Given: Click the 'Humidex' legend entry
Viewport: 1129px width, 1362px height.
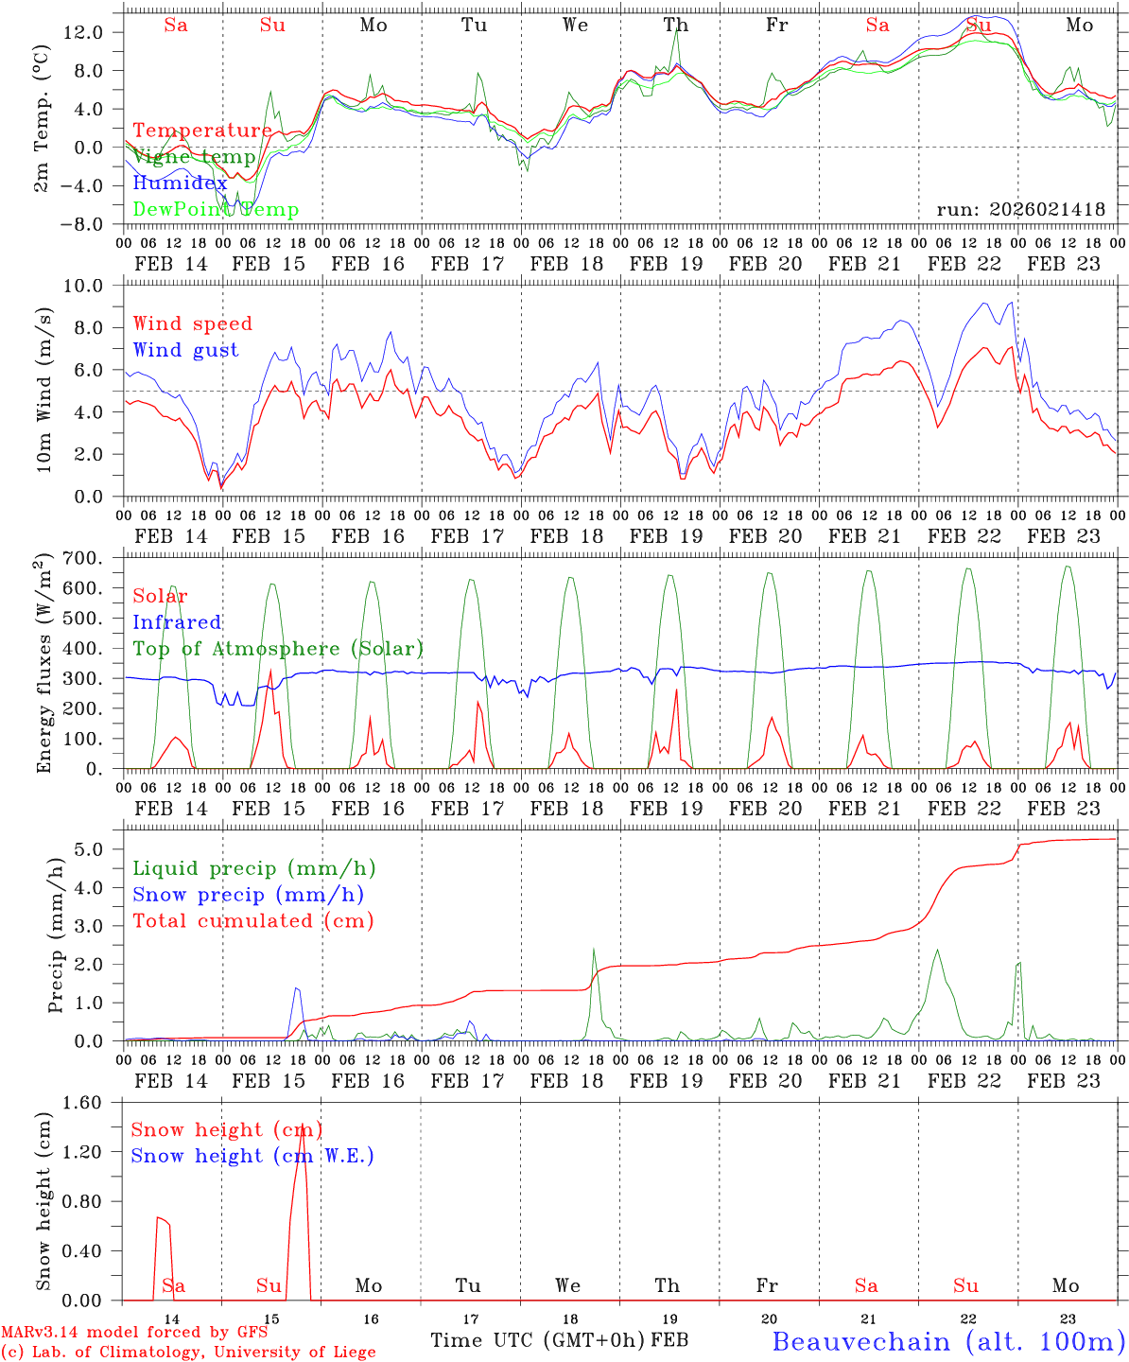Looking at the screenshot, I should click(x=180, y=183).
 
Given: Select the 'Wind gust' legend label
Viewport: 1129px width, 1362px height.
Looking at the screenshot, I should click(x=185, y=350).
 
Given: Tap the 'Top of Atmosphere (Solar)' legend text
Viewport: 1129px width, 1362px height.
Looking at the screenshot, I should click(x=278, y=649).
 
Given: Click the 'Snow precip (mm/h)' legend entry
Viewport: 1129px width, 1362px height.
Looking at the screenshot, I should click(x=249, y=895).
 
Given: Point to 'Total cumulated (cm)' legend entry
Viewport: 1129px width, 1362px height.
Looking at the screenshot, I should click(x=253, y=920).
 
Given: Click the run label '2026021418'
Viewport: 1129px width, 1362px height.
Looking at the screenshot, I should click(x=1020, y=210).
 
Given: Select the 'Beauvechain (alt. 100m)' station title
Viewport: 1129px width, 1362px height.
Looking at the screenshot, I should click(x=948, y=1340).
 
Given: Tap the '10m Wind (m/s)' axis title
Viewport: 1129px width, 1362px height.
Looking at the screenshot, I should click(x=43, y=391).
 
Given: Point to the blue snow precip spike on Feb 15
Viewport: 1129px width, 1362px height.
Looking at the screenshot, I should click(x=296, y=988).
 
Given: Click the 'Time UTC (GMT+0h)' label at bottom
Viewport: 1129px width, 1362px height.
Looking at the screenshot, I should click(x=538, y=1340).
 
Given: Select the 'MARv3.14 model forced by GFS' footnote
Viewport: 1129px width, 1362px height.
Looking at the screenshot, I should click(x=134, y=1333).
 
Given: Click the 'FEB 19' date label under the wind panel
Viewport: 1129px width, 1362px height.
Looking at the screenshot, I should click(x=667, y=536).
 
